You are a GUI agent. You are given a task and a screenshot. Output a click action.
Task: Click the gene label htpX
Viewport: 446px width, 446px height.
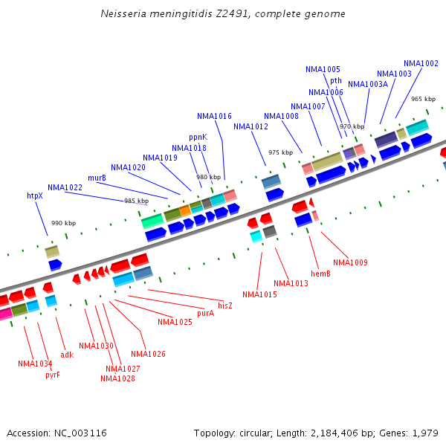35,195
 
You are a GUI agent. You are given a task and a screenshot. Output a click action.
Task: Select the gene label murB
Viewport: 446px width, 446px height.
97,178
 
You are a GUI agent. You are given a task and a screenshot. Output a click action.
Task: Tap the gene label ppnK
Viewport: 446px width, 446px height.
198,138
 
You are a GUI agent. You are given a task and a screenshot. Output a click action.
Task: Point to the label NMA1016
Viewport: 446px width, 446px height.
214,116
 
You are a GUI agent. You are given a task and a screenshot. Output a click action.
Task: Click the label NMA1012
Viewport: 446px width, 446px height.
251,126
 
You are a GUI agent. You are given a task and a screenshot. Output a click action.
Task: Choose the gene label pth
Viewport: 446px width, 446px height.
336,80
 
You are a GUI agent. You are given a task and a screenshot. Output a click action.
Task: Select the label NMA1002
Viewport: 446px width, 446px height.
421,63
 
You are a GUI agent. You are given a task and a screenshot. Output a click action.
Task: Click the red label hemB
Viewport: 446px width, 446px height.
320,274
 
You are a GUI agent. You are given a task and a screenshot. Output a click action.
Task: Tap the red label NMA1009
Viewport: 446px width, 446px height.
350,262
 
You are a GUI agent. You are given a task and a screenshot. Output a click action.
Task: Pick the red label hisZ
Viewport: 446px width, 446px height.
225,306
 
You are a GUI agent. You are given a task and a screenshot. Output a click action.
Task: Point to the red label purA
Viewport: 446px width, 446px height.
205,313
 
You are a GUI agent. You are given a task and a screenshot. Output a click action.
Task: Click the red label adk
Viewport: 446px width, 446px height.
67,355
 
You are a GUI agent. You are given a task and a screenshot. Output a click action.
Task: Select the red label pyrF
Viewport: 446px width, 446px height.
52,375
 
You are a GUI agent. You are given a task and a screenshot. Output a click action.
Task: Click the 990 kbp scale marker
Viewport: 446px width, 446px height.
63,223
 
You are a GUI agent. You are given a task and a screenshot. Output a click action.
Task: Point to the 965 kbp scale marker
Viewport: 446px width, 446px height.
423,99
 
